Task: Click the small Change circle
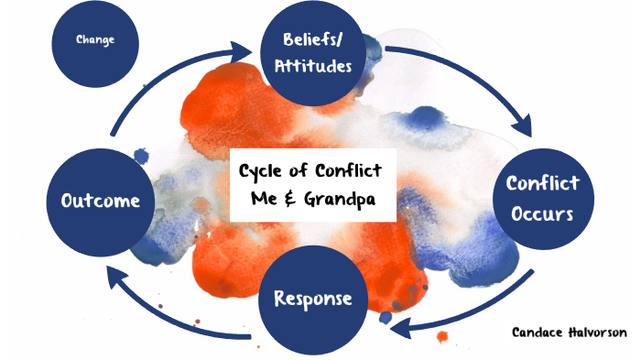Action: pos(95,40)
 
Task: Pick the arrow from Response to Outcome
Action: pos(165,311)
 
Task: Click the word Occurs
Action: pos(543,214)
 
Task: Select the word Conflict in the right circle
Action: pos(543,183)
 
